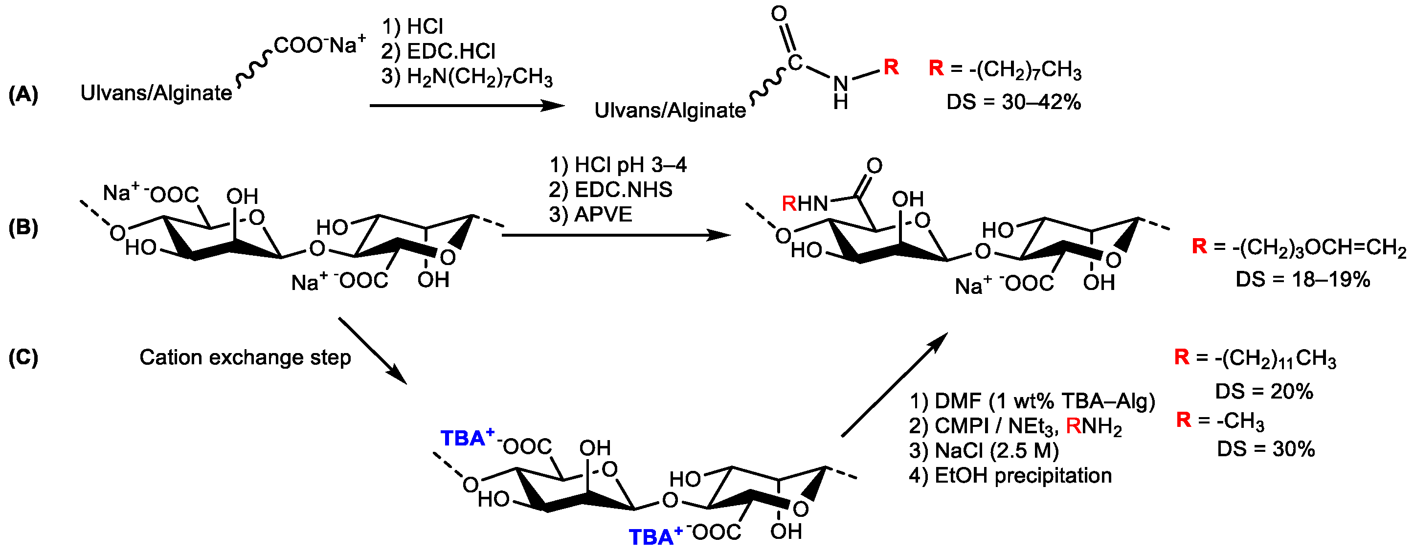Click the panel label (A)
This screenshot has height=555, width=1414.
23,94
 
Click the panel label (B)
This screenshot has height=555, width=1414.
23,227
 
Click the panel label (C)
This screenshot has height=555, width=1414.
23,357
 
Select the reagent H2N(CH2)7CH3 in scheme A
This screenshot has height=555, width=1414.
479,77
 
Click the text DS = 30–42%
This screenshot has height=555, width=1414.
1013,102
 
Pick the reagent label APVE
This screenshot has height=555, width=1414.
602,214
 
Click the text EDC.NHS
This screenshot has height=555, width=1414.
623,189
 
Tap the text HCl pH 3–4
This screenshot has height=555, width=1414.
629,165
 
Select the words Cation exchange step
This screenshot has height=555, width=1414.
245,357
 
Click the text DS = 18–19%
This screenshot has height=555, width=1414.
1302,279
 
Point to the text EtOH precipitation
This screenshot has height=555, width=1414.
1023,475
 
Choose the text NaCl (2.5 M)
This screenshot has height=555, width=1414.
996,451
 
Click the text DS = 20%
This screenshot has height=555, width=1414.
1263,391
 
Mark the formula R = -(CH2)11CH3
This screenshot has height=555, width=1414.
1256,358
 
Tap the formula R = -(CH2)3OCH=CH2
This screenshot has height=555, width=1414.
1299,247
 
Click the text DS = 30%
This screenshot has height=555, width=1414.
1266,449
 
